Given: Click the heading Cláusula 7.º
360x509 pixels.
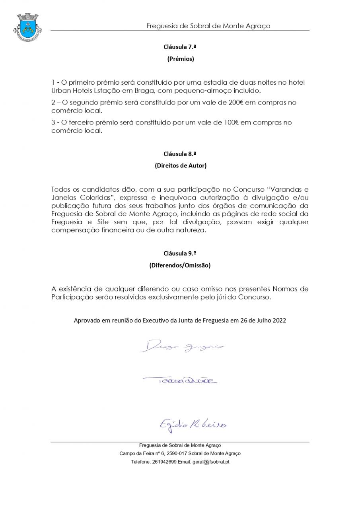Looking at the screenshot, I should click(x=180, y=47).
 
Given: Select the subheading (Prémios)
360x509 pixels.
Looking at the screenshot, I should click(x=180, y=59).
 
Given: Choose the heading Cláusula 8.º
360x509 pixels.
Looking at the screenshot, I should click(x=180, y=154).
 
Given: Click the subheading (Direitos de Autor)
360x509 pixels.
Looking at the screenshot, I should click(x=180, y=166).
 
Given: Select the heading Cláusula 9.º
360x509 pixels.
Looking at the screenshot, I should click(x=180, y=253).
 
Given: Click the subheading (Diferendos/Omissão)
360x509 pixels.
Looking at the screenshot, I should click(x=180, y=265).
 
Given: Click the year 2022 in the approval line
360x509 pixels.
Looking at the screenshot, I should click(x=279, y=320).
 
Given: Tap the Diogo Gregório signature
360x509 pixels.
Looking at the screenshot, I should click(x=182, y=346).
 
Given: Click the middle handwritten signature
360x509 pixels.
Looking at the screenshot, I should click(x=180, y=381).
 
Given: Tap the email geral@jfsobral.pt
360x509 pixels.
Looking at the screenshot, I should click(x=210, y=462).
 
